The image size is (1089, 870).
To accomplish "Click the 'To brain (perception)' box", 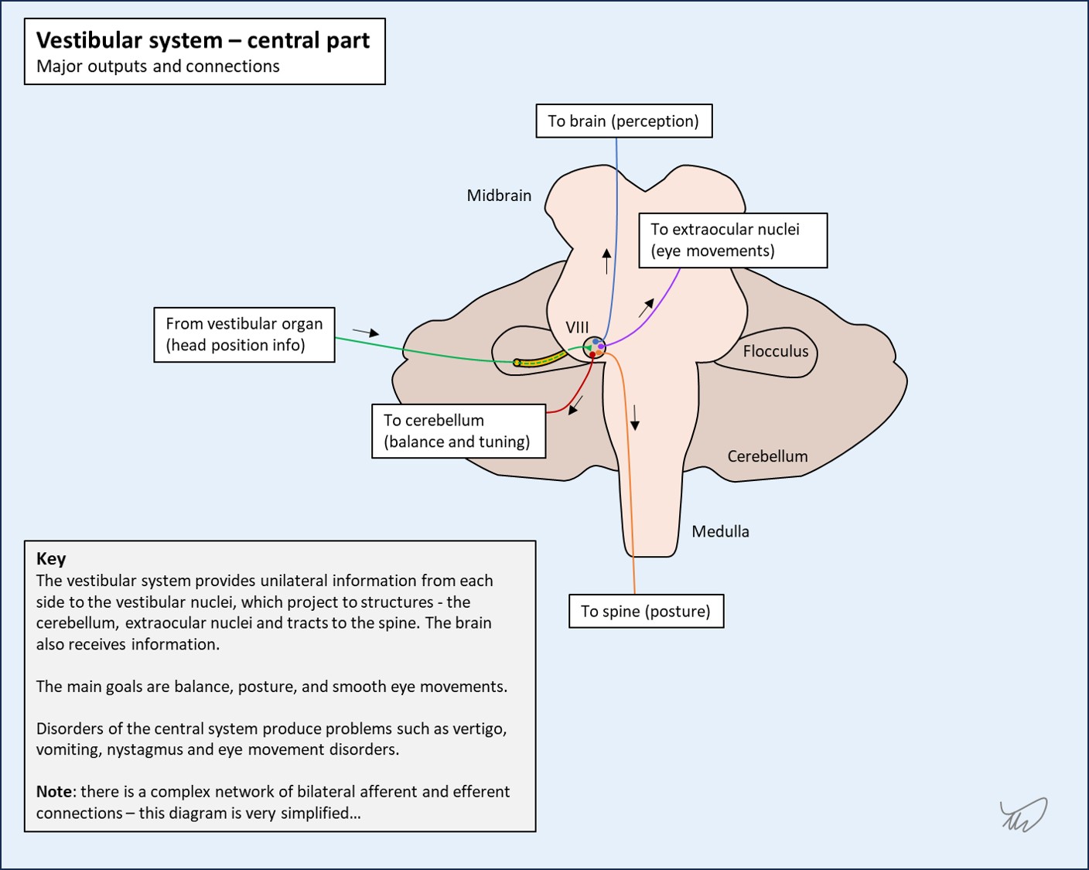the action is (x=624, y=121).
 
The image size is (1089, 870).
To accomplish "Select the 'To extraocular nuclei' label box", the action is (x=732, y=241).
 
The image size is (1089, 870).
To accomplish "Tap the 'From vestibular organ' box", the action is (x=244, y=335).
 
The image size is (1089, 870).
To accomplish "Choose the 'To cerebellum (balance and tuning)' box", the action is (x=459, y=432).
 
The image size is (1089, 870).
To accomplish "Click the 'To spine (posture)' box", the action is (x=647, y=612).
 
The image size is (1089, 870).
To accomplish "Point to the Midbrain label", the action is (x=499, y=196).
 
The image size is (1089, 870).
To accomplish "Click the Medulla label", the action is (x=720, y=531).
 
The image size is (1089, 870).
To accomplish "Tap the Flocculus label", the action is (x=775, y=351).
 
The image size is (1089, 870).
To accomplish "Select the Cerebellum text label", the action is (x=767, y=456).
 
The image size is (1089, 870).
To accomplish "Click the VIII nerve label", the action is (x=577, y=327).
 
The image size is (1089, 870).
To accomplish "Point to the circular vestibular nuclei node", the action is (x=595, y=348).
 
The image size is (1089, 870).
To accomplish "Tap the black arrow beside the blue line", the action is (x=606, y=261).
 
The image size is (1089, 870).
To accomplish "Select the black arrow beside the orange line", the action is (x=634, y=418).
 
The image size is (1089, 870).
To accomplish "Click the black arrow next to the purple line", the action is (x=647, y=308).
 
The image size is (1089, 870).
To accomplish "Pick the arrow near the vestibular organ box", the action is (x=366, y=332).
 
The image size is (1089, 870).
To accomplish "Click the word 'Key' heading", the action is (x=51, y=559).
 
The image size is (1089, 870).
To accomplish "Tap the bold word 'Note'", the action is (x=54, y=792).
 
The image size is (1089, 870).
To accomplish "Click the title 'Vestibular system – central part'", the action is (x=203, y=40).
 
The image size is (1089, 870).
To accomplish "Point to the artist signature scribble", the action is (x=1023, y=814).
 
